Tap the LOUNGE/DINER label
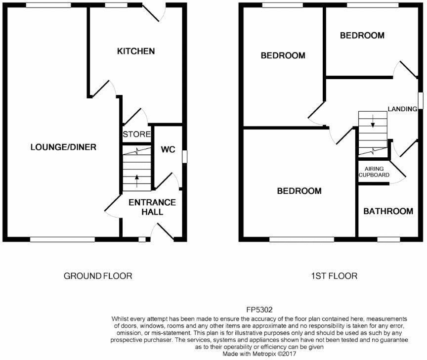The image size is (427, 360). point(63,147)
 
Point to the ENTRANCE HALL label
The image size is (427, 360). point(152,207)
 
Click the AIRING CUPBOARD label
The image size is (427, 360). point(374,172)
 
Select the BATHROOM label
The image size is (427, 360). point(388,211)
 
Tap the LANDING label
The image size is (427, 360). point(402,109)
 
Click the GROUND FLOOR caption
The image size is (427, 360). point(98,276)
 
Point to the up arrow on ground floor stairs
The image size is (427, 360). point(137,178)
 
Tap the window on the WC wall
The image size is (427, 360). point(184,156)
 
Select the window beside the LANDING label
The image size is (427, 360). point(421,99)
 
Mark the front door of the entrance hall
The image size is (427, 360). point(163,232)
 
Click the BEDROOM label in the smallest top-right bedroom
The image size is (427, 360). point(362,35)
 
